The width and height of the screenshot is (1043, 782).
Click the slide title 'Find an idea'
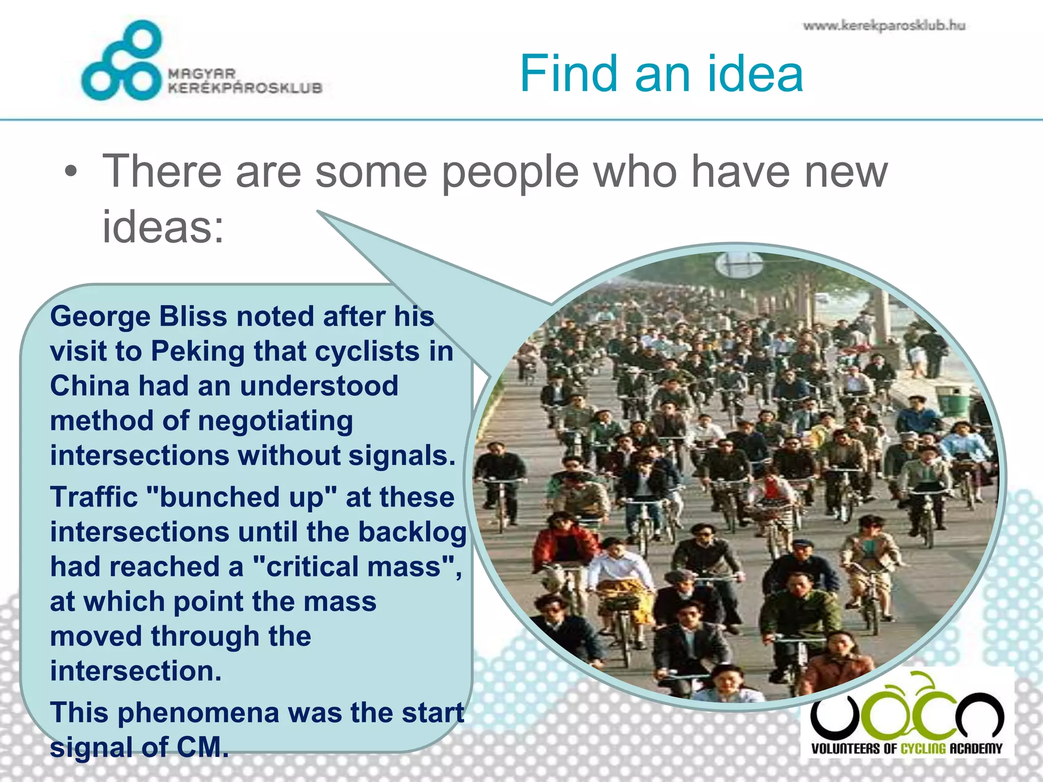(661, 74)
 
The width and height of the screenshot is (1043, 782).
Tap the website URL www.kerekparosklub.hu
(884, 25)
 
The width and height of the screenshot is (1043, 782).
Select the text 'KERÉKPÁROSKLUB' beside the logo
(245, 88)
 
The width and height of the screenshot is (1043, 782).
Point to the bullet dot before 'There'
(71, 172)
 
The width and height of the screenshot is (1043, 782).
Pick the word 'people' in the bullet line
(510, 172)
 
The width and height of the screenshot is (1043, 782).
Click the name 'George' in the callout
(100, 317)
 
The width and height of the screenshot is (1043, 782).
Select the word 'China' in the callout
(90, 386)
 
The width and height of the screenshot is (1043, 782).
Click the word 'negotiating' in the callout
(275, 421)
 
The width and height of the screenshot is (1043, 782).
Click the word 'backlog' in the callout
(412, 532)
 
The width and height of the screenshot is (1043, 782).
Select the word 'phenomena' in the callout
(198, 712)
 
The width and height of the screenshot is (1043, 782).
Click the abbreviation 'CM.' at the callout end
(202, 747)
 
